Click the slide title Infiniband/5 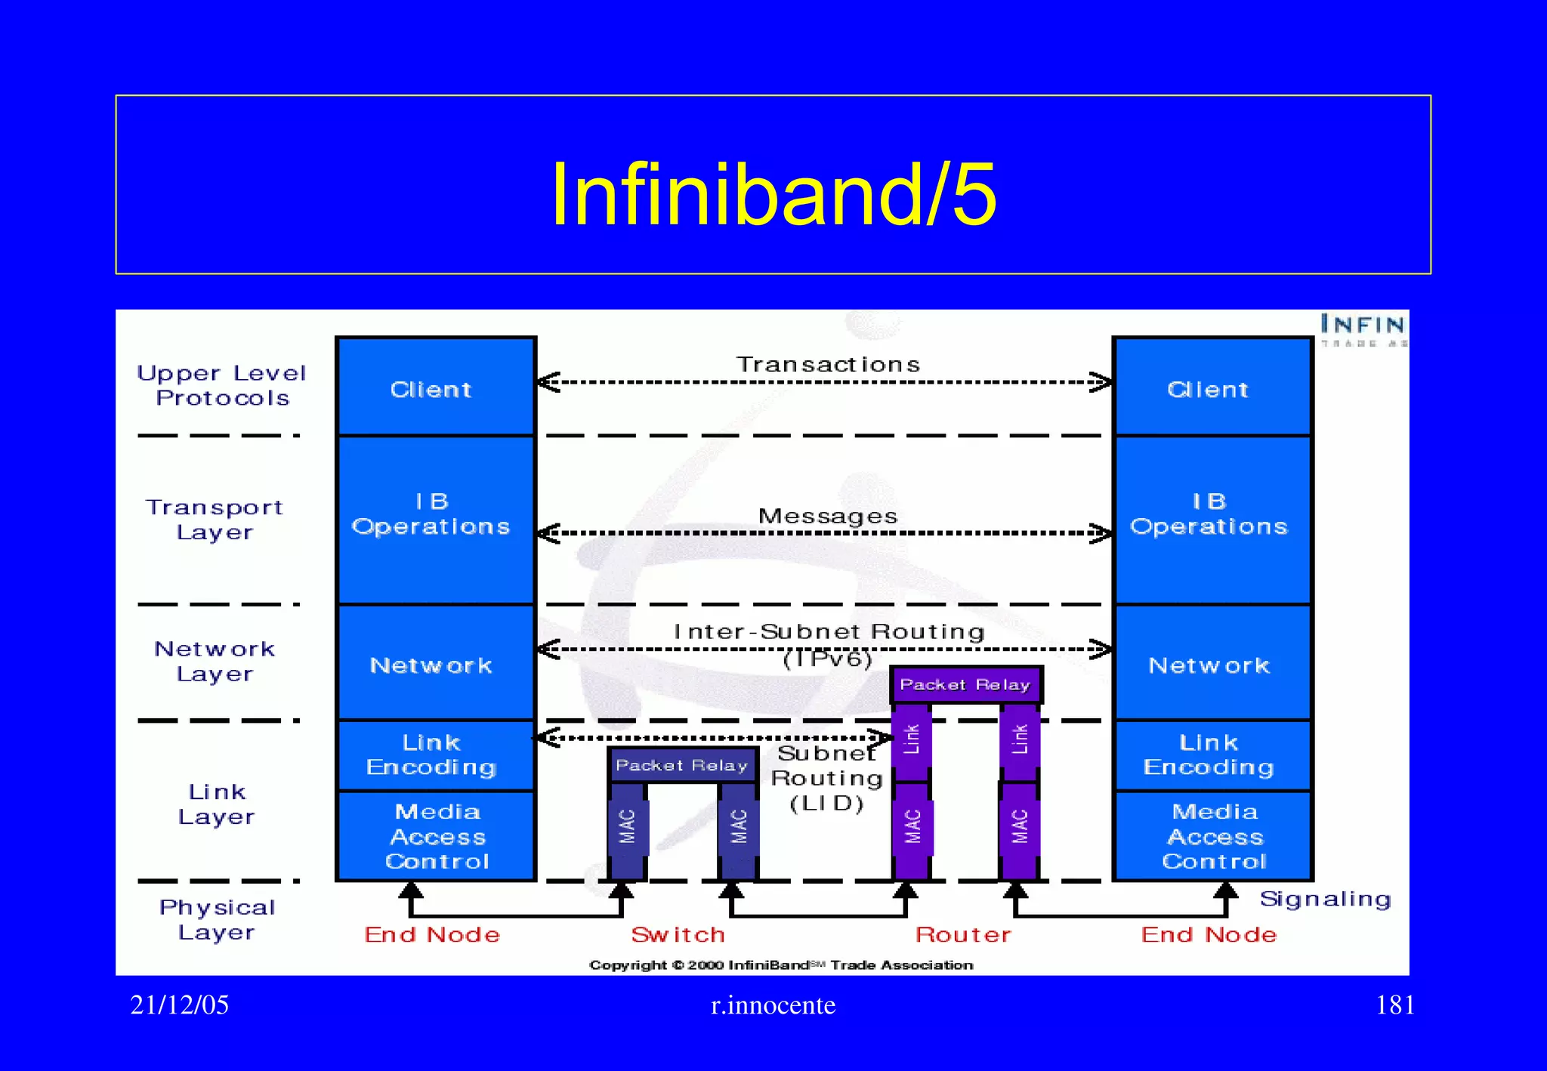[x=773, y=194]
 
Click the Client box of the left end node [x=432, y=388]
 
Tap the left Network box [x=432, y=665]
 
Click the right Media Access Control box [x=1213, y=835]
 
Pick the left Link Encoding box [x=432, y=755]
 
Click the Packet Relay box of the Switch [x=681, y=765]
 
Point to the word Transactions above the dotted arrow [x=828, y=365]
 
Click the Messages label [x=828, y=517]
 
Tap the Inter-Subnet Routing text [x=829, y=632]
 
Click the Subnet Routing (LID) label [x=826, y=778]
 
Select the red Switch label [x=678, y=935]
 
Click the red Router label [x=963, y=935]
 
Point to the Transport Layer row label [x=215, y=520]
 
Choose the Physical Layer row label [x=217, y=919]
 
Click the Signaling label [x=1325, y=899]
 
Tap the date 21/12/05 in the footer [x=179, y=1005]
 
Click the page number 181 [x=1394, y=1005]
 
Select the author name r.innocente [x=773, y=1005]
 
